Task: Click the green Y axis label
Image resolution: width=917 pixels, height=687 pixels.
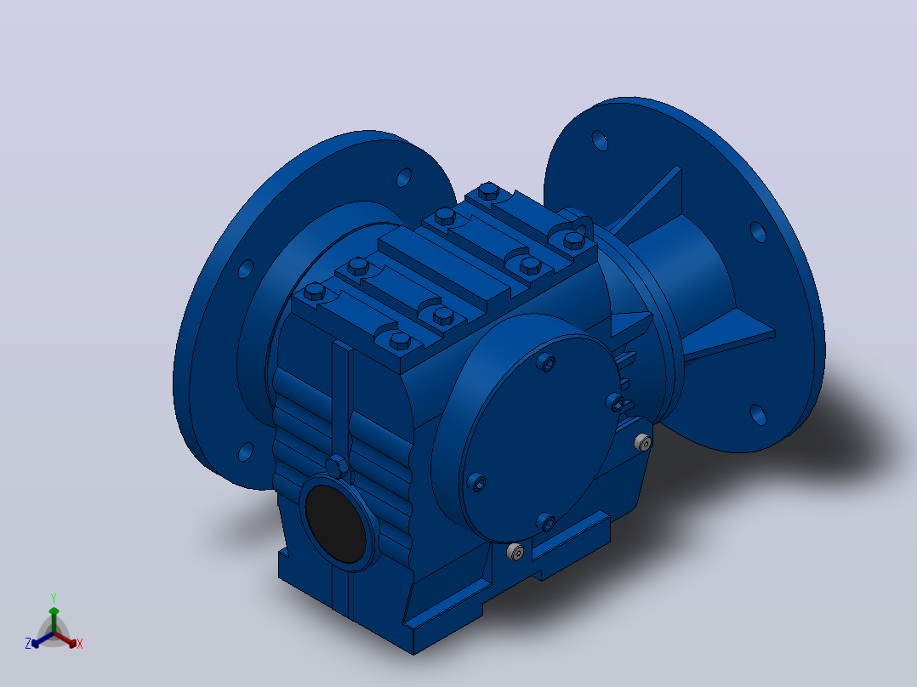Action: pyautogui.click(x=54, y=598)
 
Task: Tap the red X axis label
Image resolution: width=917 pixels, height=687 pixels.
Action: pyautogui.click(x=80, y=644)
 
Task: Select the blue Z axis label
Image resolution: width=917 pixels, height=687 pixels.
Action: pyautogui.click(x=27, y=644)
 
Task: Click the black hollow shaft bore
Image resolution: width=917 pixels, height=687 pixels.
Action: pyautogui.click(x=336, y=524)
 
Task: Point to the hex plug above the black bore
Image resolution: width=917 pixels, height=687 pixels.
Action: pyautogui.click(x=337, y=467)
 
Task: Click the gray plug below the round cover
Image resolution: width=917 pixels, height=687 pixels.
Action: pyautogui.click(x=515, y=551)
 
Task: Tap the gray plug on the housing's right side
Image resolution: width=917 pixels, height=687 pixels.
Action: pyautogui.click(x=643, y=443)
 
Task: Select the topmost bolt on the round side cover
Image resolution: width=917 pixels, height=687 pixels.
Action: pyautogui.click(x=546, y=363)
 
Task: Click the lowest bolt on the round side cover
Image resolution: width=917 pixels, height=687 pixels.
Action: pyautogui.click(x=545, y=521)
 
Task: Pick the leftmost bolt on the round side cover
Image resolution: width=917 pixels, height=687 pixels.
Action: pyautogui.click(x=476, y=482)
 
